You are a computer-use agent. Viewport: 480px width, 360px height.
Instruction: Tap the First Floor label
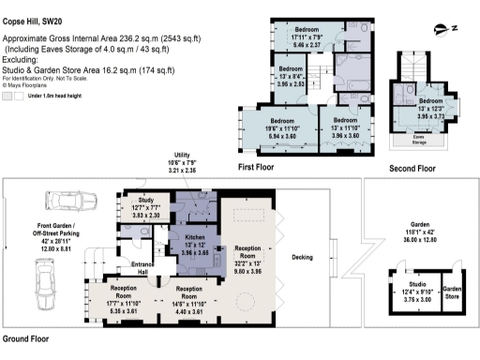(258, 168)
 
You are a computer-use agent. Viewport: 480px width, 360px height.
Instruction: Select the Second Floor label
(412, 168)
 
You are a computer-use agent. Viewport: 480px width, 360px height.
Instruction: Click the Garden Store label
(454, 292)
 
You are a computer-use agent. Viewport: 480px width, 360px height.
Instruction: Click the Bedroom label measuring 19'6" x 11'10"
(282, 121)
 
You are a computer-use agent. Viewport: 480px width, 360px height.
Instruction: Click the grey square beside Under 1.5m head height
(8, 96)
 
